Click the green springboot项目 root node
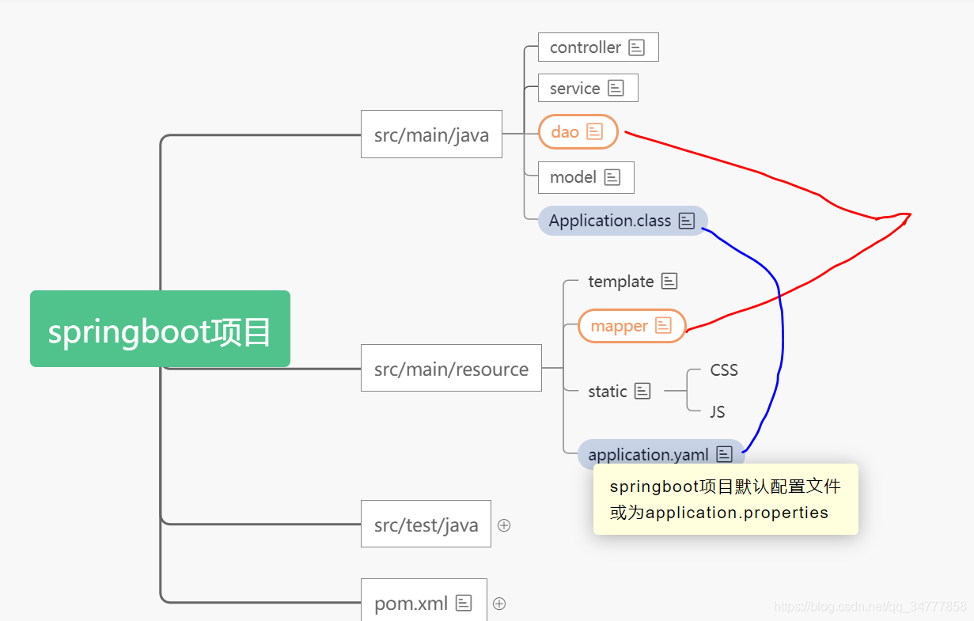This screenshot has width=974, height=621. pos(160,329)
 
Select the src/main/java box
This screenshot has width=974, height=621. pos(431,134)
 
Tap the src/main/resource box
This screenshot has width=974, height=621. pos(451,368)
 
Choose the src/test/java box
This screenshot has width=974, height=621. pos(426,524)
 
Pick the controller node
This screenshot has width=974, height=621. pos(586,47)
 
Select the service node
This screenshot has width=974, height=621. pos(575,88)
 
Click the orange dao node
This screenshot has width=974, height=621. pos(566,131)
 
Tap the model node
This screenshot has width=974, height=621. pos(574,177)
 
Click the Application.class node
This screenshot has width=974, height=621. pos(610,221)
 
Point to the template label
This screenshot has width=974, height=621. pos(621,281)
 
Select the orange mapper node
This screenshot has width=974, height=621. pos(620,326)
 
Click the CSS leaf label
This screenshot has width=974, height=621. pos(724,369)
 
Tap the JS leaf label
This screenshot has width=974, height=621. pos(718,411)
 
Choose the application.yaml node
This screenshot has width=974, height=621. pos(649,454)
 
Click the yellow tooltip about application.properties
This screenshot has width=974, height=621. pos(726,499)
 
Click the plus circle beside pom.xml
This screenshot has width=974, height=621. pos(499,604)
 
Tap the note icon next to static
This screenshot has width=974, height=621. pos(642,391)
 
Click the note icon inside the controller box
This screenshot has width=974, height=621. pos(637,47)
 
